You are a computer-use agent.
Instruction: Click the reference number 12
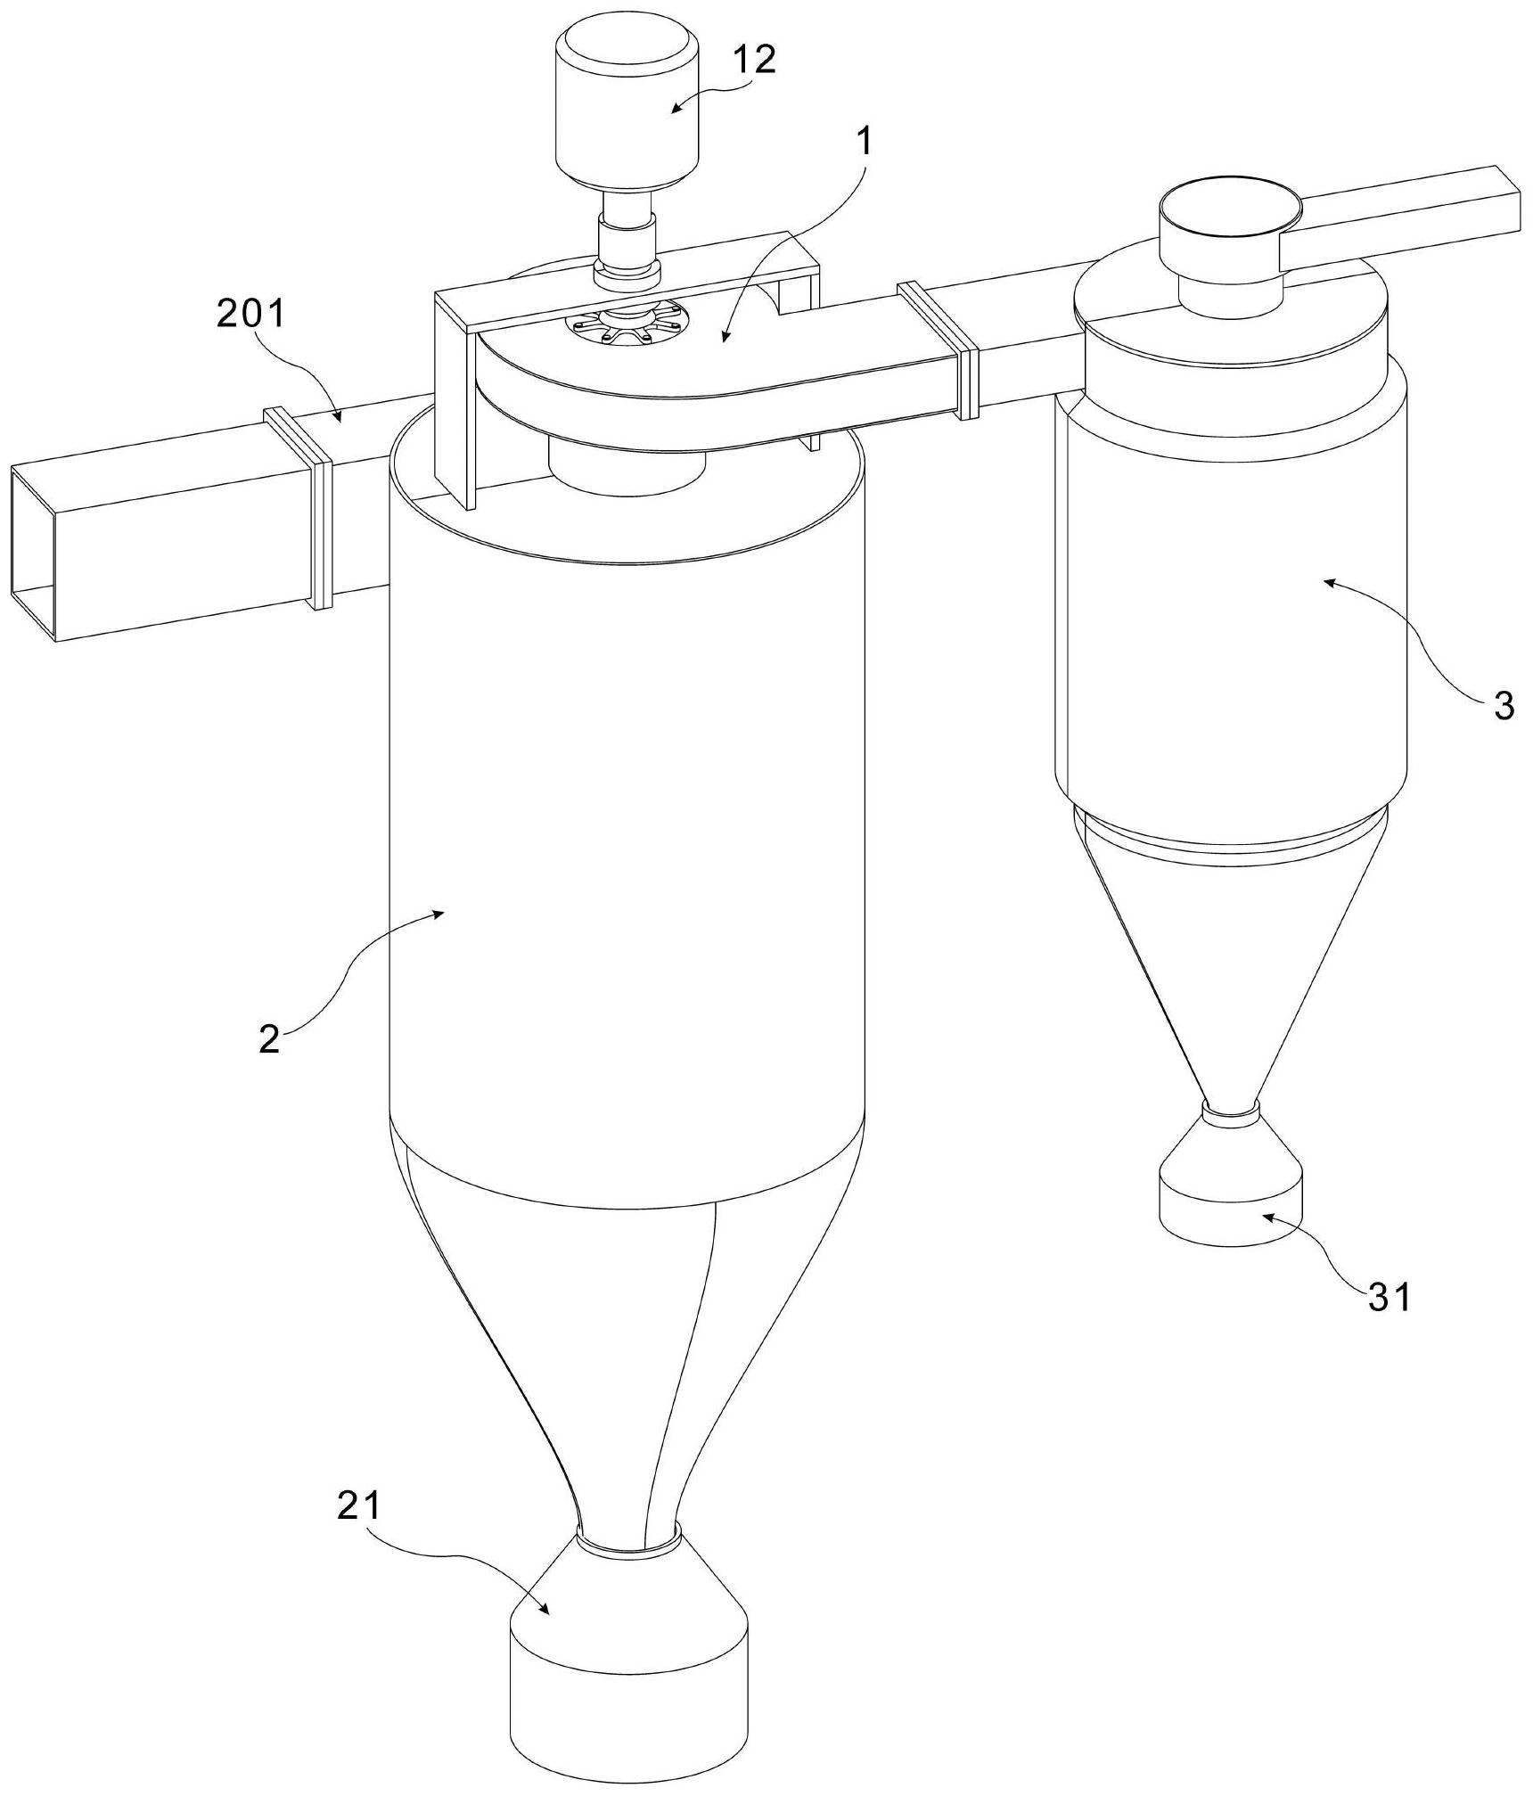(x=754, y=61)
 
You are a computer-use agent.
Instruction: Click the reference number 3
(x=1504, y=707)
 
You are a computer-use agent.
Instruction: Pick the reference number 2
(x=268, y=1039)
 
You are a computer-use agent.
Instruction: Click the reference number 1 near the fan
(x=864, y=143)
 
